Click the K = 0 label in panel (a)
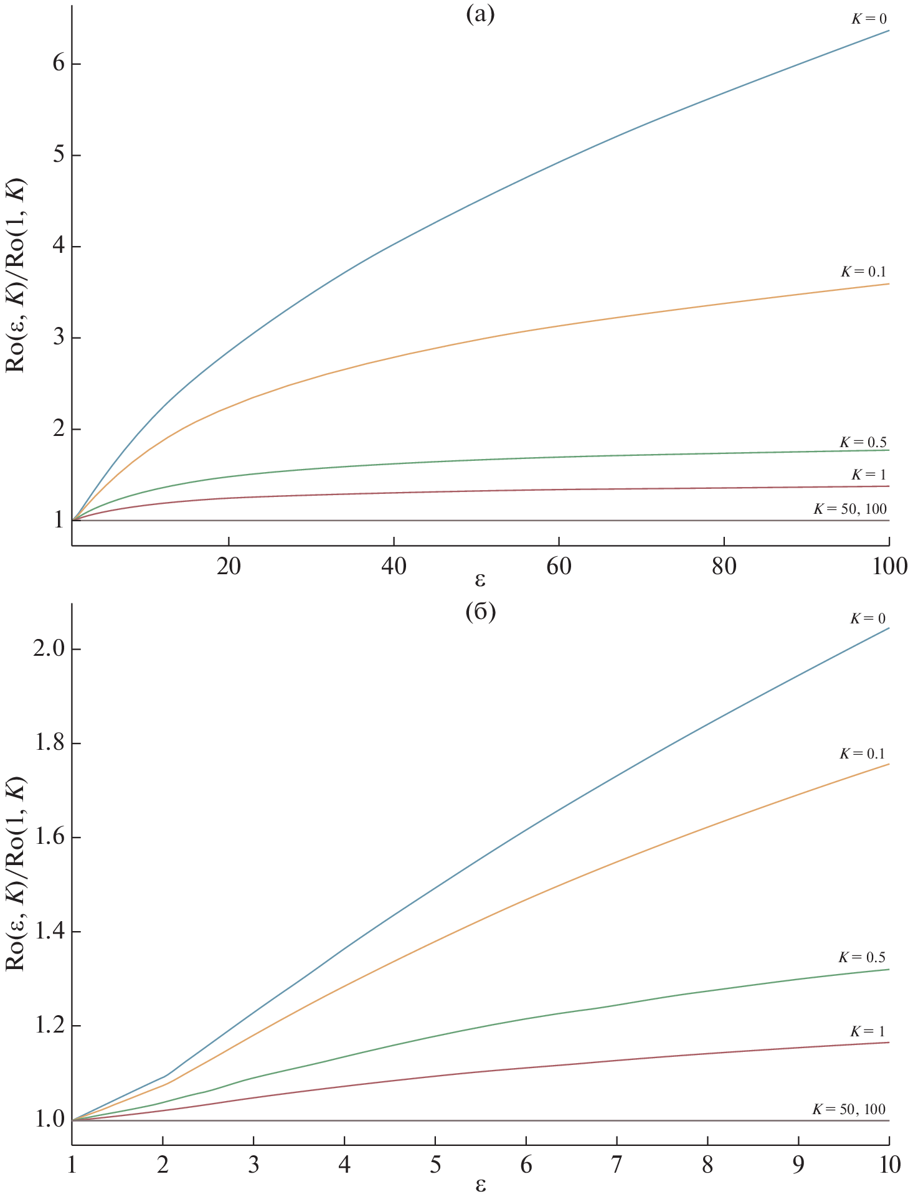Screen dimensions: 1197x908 click(x=869, y=19)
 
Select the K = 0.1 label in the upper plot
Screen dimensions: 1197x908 click(x=863, y=272)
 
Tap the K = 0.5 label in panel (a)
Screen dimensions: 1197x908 click(x=863, y=442)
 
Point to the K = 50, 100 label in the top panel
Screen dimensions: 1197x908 click(x=850, y=509)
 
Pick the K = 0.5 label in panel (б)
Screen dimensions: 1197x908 click(x=862, y=957)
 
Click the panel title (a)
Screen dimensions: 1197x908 click(x=480, y=14)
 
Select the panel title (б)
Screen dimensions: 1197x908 click(x=480, y=613)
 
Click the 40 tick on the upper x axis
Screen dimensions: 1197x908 click(x=394, y=566)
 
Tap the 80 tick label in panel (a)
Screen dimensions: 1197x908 click(x=724, y=566)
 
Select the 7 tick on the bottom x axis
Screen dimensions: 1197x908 click(x=617, y=1165)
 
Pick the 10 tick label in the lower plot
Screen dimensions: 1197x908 click(x=888, y=1165)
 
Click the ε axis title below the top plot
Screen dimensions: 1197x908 click(x=480, y=580)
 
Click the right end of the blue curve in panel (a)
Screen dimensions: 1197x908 click(x=889, y=31)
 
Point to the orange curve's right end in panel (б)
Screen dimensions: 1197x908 click(x=889, y=764)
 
